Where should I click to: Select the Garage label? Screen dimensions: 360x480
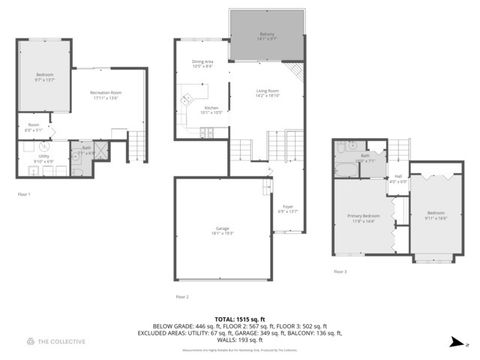click(x=221, y=232)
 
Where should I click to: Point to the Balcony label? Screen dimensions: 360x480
click(x=267, y=36)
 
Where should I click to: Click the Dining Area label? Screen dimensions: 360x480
click(x=202, y=65)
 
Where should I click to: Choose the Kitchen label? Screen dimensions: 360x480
click(x=211, y=109)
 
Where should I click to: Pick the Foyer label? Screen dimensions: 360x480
click(x=286, y=210)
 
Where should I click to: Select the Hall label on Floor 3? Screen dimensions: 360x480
click(x=397, y=179)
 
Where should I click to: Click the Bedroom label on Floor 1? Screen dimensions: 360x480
click(x=45, y=77)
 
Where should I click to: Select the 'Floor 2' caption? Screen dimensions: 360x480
click(x=181, y=297)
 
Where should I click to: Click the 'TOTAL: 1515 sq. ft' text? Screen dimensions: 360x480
click(x=240, y=317)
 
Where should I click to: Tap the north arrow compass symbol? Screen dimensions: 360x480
click(x=456, y=342)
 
